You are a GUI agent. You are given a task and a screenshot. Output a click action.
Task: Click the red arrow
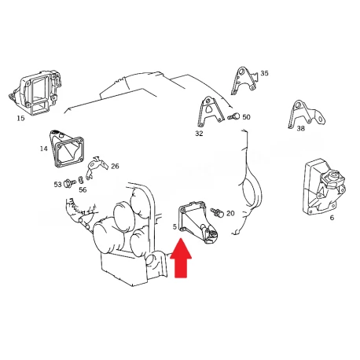(181, 258)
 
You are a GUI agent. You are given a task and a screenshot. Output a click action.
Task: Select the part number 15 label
(20, 118)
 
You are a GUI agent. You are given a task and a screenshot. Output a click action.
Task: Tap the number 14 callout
(44, 149)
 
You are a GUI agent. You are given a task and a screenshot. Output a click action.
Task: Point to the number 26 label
(115, 166)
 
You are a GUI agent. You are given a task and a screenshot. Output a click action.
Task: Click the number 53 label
(57, 185)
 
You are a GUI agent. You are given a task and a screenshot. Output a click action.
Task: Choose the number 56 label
(83, 189)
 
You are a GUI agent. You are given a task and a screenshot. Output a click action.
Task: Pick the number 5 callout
(174, 226)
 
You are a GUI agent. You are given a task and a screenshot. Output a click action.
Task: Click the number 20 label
(230, 214)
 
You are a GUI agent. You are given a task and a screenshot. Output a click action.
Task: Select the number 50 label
(246, 117)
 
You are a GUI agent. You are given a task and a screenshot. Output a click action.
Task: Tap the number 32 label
(199, 134)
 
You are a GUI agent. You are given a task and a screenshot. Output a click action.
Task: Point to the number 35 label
(264, 73)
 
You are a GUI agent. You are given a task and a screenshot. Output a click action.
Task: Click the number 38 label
(301, 128)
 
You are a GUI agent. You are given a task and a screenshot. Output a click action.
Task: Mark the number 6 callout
(332, 218)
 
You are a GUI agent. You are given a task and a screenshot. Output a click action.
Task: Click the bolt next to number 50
(233, 116)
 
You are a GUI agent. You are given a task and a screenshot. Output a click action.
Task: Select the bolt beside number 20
(217, 212)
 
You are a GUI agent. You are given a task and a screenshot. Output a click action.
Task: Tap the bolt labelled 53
(69, 183)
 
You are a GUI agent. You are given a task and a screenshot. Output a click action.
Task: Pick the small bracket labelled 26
(97, 167)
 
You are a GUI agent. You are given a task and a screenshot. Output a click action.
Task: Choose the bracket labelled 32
(210, 112)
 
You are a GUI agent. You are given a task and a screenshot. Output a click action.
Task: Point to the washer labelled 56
(81, 180)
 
